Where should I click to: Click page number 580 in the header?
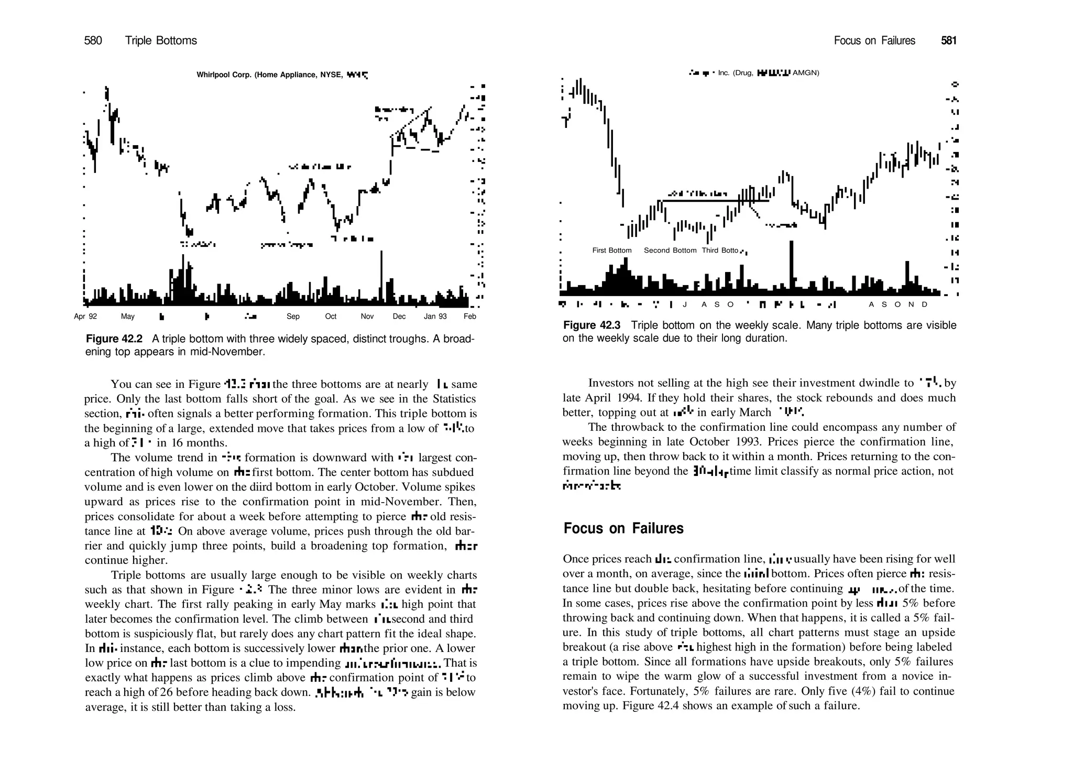93,41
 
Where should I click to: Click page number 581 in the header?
949,41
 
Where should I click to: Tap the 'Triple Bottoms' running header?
161,41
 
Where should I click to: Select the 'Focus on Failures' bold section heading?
623,528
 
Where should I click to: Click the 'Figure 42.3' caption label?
592,325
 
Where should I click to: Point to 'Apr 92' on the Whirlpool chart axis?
85,317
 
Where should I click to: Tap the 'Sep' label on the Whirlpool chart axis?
293,317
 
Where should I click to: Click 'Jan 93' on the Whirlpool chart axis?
435,317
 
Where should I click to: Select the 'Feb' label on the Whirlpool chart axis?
469,317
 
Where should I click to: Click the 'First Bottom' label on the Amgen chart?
611,251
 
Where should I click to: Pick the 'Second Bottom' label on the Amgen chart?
670,251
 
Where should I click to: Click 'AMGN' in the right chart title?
806,73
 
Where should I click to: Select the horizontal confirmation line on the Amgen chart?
713,200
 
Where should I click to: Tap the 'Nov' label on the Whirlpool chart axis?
367,317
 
